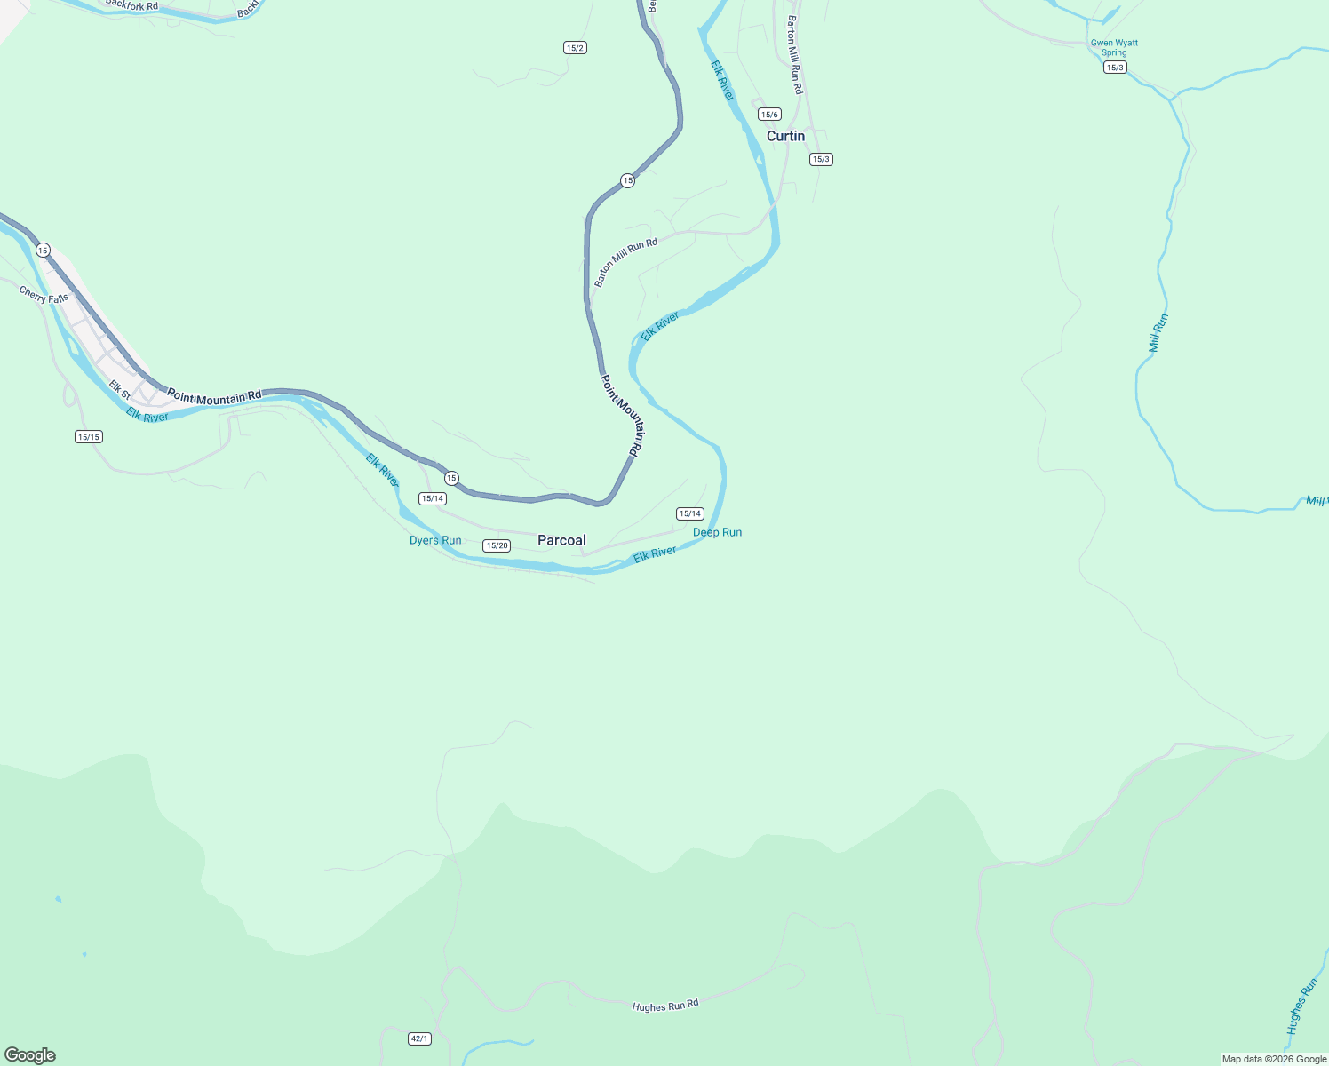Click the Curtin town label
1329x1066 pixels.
point(785,136)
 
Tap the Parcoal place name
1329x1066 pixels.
point(561,540)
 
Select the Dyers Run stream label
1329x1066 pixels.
point(435,540)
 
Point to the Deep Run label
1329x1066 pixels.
point(717,532)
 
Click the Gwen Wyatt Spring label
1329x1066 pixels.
point(1114,47)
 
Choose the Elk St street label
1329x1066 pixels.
point(120,389)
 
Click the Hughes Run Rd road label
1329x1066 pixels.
point(665,1005)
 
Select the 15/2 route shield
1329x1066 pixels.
point(575,47)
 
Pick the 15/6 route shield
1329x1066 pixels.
point(769,114)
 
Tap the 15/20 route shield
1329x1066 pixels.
point(497,545)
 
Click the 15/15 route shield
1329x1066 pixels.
point(89,436)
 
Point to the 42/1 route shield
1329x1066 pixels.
point(419,1038)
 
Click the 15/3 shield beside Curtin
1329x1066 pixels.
point(821,159)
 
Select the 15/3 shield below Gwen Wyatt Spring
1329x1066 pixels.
point(1115,68)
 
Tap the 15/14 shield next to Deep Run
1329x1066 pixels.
point(689,513)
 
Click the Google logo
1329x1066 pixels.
point(30,1055)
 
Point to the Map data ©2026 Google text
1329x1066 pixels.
point(1274,1059)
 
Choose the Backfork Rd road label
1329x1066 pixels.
point(131,5)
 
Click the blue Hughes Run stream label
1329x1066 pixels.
point(1302,1005)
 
